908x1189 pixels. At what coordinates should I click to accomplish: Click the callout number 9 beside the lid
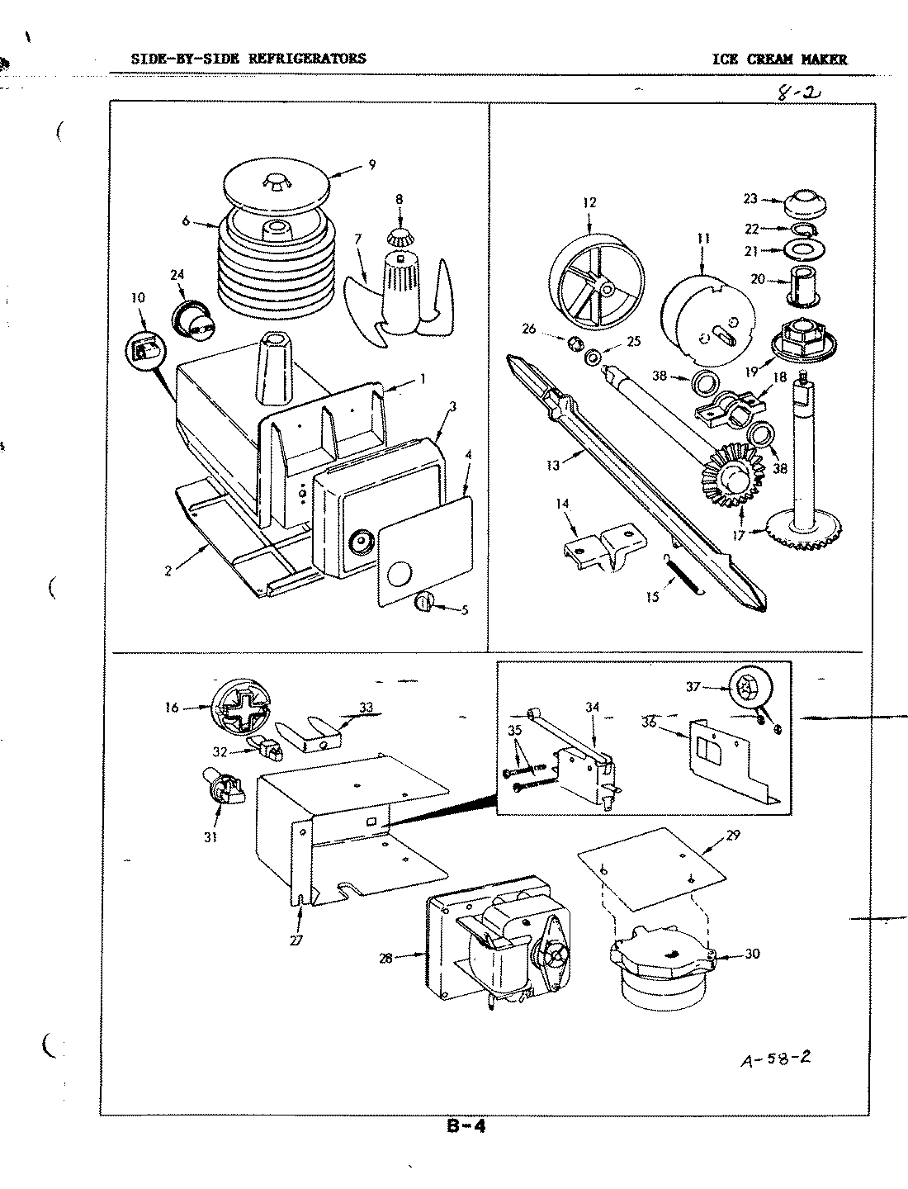tap(371, 164)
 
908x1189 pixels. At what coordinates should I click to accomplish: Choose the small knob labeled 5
tap(423, 604)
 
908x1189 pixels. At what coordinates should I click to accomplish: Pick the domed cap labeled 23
tap(801, 201)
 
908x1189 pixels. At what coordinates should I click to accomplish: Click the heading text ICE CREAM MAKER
tap(780, 59)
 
